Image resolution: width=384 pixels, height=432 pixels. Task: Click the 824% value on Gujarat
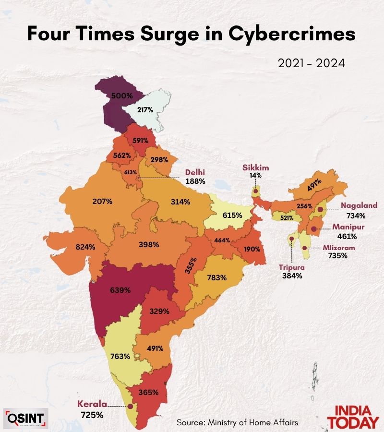point(85,247)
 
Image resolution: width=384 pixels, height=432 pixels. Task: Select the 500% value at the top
point(121,96)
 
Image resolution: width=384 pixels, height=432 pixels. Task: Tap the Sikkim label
point(255,168)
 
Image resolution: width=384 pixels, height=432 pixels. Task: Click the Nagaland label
point(358,205)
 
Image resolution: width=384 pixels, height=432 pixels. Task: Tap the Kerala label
point(93,404)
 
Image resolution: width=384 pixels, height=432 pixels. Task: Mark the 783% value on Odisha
point(217,277)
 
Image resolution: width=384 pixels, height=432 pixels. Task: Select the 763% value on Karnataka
point(120,356)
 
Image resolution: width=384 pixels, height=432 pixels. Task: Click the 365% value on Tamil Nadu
point(149,392)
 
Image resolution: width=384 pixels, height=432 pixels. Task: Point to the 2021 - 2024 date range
point(312,63)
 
